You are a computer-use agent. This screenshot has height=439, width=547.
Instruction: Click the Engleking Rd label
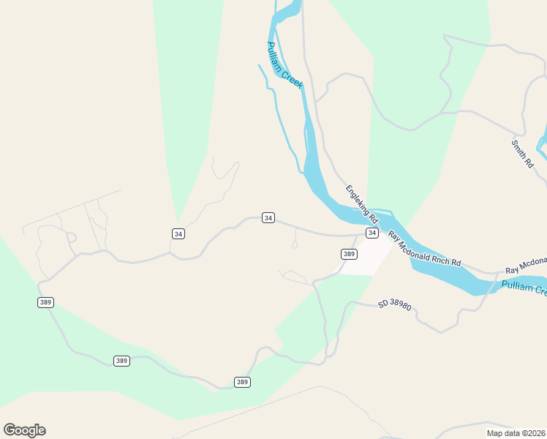pyautogui.click(x=362, y=203)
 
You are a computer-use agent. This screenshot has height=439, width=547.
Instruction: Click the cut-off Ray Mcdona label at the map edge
pyautogui.click(x=526, y=262)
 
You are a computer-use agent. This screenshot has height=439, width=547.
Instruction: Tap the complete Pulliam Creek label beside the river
pyautogui.click(x=285, y=65)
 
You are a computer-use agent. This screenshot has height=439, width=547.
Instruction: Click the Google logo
pyautogui.click(x=24, y=430)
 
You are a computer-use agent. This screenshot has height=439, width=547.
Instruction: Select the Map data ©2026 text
pyautogui.click(x=516, y=433)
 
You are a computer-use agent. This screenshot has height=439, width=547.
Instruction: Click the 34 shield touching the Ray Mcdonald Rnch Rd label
pyautogui.click(x=371, y=233)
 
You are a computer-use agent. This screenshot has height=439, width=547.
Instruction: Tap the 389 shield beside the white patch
pyautogui.click(x=349, y=254)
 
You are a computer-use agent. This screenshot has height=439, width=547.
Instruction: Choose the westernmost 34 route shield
pyautogui.click(x=178, y=233)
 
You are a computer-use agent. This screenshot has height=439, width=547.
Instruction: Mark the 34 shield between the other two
pyautogui.click(x=268, y=217)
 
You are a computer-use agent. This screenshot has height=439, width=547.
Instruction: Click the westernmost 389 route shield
pyautogui.click(x=45, y=302)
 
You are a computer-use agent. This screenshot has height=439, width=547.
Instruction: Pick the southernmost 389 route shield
pyautogui.click(x=243, y=382)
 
